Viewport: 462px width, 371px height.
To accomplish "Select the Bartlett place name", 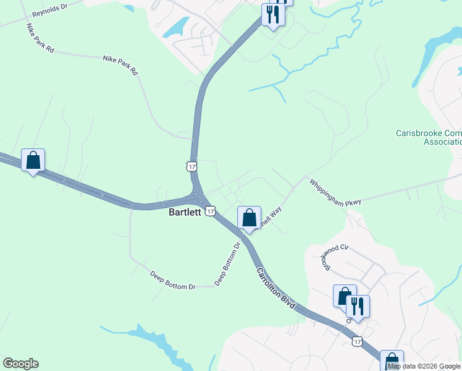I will pos(185,212).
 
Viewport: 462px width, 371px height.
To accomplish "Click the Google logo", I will pos(20,364).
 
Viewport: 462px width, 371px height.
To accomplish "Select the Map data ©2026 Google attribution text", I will pos(424,366).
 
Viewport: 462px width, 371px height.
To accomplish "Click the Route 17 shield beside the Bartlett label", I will pos(210,211).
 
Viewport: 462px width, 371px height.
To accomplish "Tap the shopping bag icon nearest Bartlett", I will pos(249,218).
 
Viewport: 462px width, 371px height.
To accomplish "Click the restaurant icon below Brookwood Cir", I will pos(358,306).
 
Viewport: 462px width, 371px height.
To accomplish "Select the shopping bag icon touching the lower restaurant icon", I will pos(344,296).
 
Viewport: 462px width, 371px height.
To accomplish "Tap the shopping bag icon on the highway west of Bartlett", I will pos(33,160).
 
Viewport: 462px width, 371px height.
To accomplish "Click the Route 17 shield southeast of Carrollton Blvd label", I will pos(357,341).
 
